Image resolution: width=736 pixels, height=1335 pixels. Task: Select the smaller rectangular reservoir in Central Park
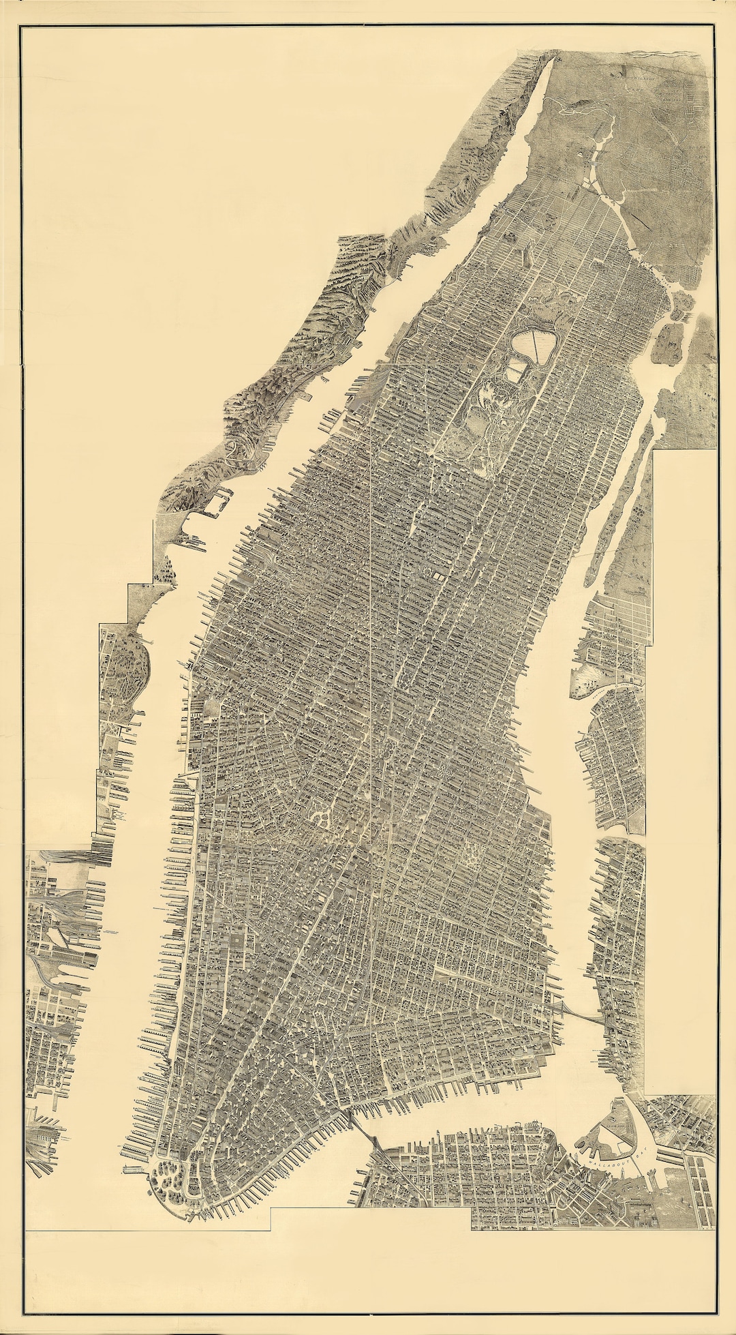(516, 372)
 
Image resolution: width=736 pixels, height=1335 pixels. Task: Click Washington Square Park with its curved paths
(322, 815)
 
